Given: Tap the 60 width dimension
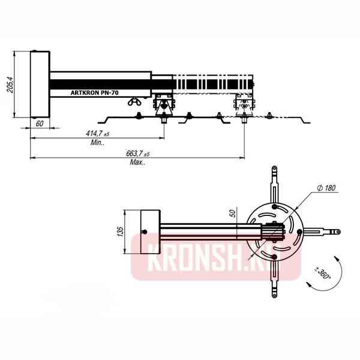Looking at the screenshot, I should [40, 123].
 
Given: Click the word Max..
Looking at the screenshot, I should [139, 163].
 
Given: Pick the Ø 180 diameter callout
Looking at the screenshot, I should [326, 188].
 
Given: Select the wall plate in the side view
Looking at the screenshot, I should [40, 84].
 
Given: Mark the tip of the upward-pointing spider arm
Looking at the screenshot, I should [275, 172].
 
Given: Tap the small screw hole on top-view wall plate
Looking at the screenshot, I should [145, 232].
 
